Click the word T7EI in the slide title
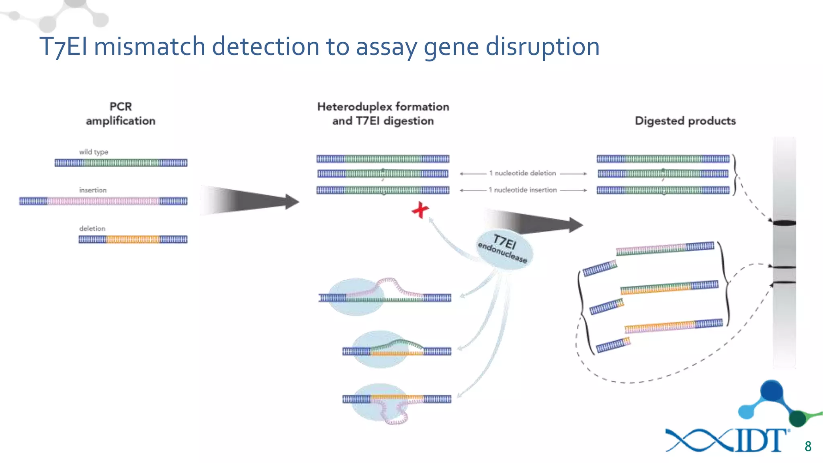[63, 47]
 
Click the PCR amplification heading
[121, 114]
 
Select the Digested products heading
[685, 121]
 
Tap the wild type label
[93, 152]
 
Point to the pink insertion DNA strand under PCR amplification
[103, 201]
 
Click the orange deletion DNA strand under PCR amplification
[133, 240]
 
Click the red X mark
[420, 210]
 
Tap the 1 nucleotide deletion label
[522, 173]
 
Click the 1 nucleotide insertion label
[522, 190]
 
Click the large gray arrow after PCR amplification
[249, 201]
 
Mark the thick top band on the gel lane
[784, 223]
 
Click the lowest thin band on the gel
[784, 283]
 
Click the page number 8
[808, 447]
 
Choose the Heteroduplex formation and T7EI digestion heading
[383, 114]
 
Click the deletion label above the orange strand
[92, 229]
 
